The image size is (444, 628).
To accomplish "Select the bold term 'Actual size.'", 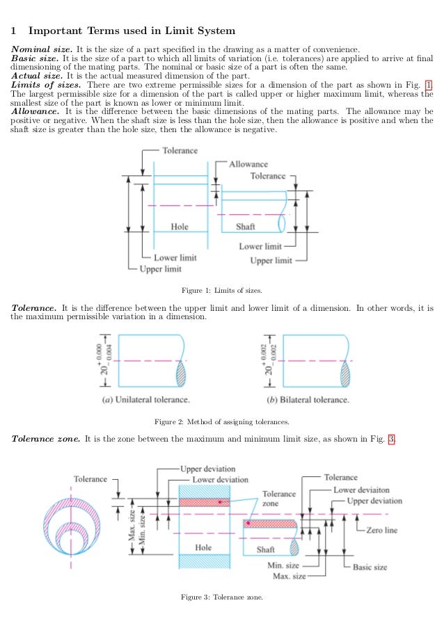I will pyautogui.click(x=37, y=76).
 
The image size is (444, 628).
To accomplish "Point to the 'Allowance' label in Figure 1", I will pyautogui.click(x=248, y=164).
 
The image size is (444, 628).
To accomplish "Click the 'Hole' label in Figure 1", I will pyautogui.click(x=180, y=227).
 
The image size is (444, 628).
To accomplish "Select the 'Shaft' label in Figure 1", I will pyautogui.click(x=246, y=227).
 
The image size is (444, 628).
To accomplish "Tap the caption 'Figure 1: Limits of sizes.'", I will pyautogui.click(x=221, y=290).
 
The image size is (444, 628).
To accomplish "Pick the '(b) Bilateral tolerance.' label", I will pyautogui.click(x=308, y=400).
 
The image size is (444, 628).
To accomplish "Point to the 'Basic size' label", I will pyautogui.click(x=370, y=567).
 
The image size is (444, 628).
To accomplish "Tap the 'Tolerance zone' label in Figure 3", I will pyautogui.click(x=278, y=498).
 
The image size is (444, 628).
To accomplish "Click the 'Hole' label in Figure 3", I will pyautogui.click(x=203, y=547).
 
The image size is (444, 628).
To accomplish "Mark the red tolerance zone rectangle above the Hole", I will pyautogui.click(x=204, y=501).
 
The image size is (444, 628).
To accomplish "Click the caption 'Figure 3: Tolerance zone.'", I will pyautogui.click(x=221, y=597).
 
